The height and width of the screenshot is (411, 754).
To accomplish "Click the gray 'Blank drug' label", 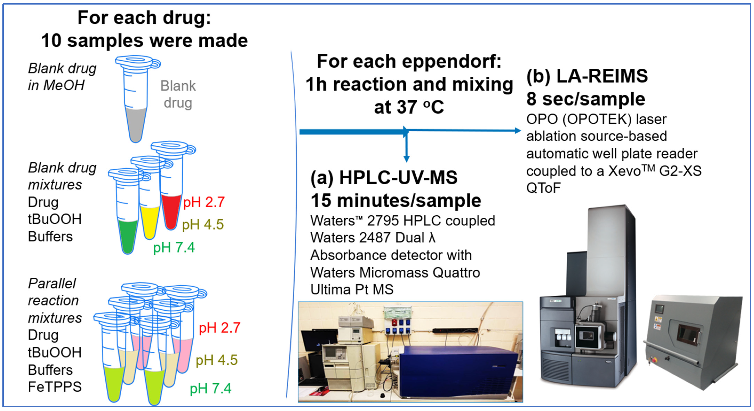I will click(x=178, y=94).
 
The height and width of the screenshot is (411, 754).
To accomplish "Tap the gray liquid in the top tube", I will click(x=135, y=123).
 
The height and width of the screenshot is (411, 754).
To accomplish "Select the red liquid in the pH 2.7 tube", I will click(x=171, y=210).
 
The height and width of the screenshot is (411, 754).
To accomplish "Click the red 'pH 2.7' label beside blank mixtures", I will click(x=204, y=202).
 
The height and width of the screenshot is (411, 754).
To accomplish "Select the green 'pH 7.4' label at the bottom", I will click(x=210, y=388).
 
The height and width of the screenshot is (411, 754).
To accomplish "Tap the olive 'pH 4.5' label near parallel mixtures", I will click(x=216, y=360).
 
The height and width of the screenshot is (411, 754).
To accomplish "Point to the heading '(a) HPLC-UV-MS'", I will click(x=384, y=178).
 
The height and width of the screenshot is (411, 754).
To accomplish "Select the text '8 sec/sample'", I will click(x=585, y=99).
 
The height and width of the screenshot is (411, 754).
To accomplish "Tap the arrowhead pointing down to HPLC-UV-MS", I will click(x=406, y=159).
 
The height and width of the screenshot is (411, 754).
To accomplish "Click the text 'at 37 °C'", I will click(x=409, y=107).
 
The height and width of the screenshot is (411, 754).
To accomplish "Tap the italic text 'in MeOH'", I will click(x=56, y=85).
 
